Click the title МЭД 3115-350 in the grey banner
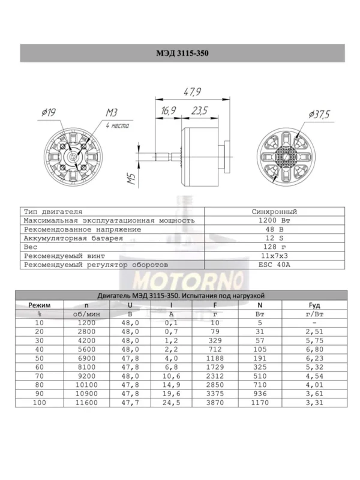pos(182,53)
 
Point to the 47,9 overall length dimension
pos(192,92)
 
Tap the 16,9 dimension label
pos(169,110)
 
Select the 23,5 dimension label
pos(200,110)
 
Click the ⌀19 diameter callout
pos(49,112)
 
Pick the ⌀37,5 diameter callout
pos(319,115)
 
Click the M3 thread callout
pos(112,113)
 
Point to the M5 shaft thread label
pos(131,178)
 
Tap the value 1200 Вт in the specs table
pos(274,220)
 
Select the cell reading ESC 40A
pos(274,265)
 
